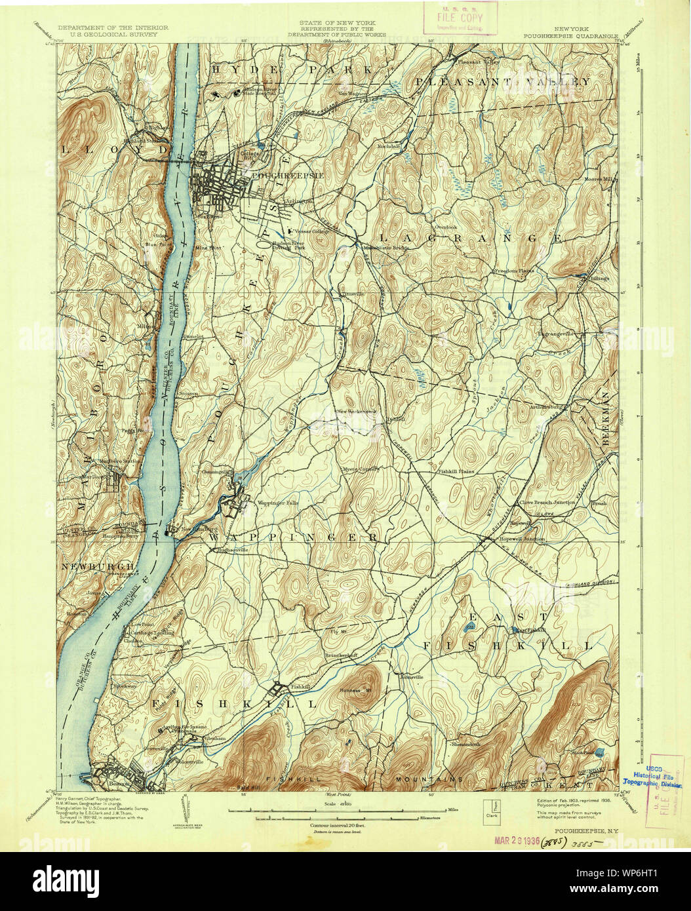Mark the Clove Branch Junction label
(x=547, y=502)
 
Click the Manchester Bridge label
(x=382, y=248)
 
